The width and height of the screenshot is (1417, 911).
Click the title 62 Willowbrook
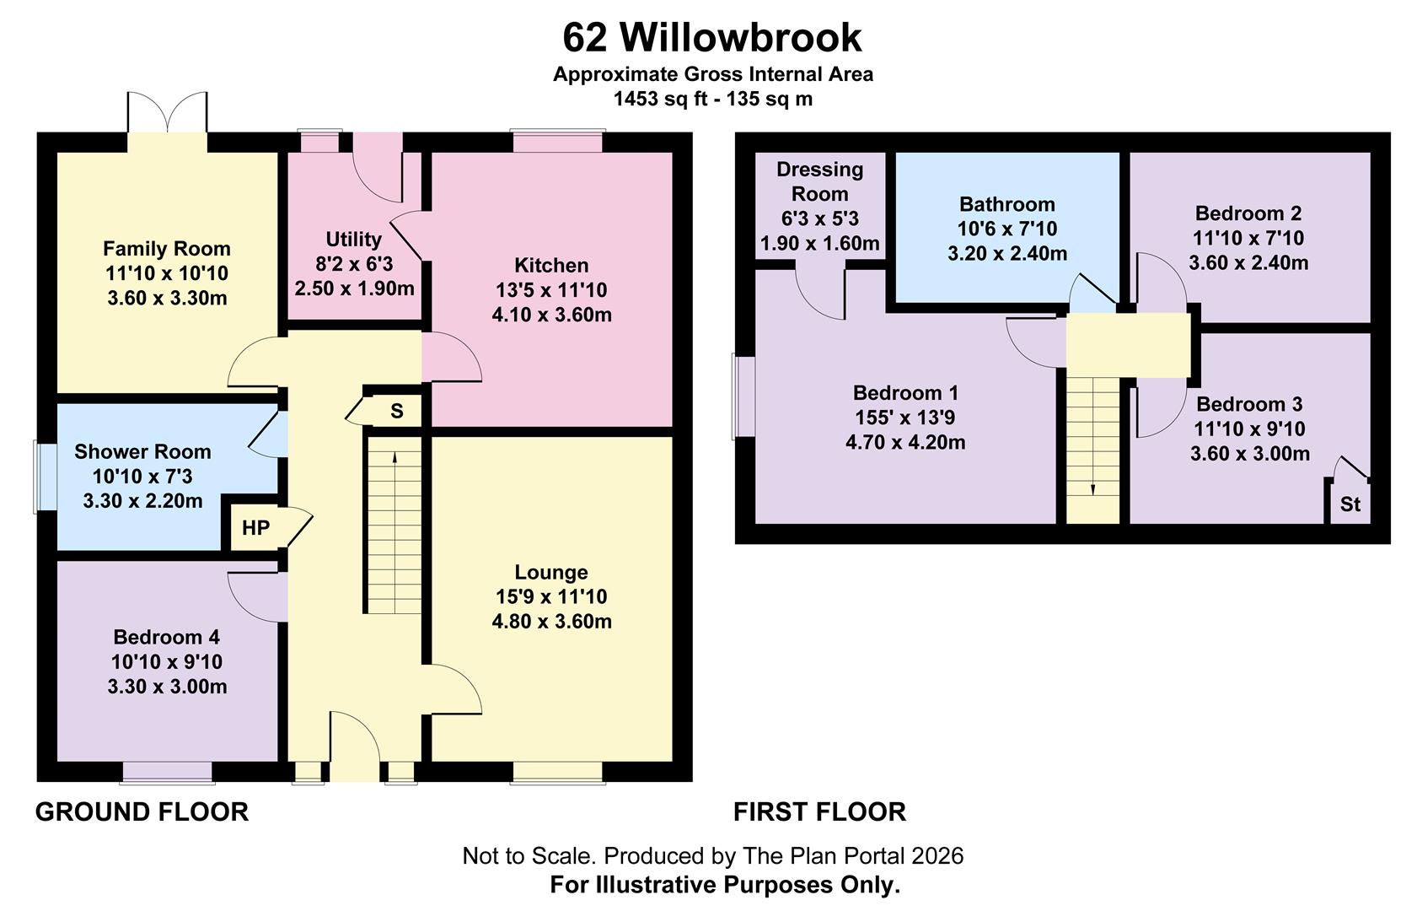pos(711,37)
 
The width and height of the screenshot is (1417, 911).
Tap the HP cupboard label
pos(255,528)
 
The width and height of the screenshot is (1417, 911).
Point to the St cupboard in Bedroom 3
pos(1350,504)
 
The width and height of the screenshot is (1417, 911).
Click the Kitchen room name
pos(551,265)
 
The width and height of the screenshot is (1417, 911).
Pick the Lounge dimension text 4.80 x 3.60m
pos(551,621)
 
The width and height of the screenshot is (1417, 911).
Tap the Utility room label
pos(353,240)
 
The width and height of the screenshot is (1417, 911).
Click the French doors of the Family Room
pos(168,113)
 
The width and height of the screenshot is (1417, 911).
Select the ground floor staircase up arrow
pos(395,531)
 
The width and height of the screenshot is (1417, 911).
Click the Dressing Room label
pos(820,181)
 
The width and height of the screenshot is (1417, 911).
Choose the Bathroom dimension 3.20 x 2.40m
pos(1007,254)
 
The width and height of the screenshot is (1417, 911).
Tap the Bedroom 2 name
pos(1248,213)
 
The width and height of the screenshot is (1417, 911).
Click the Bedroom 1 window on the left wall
pos(743,396)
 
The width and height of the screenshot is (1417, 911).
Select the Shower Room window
pos(46,477)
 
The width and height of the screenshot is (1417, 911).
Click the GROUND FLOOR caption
pos(142,811)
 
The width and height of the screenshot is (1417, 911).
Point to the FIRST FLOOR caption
pos(819,811)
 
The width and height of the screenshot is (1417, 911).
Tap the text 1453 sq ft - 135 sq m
pos(713,100)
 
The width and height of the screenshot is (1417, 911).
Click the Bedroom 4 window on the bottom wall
pos(167,773)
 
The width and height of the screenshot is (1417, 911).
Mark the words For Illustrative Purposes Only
pos(725,884)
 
